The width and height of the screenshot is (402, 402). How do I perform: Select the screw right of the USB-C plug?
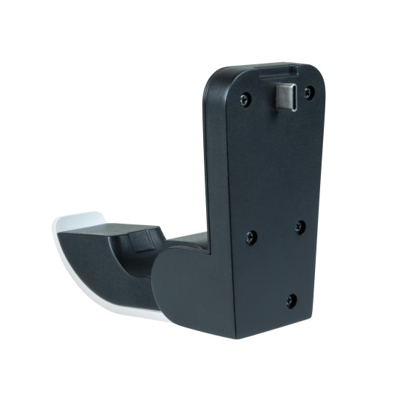coord(309,92)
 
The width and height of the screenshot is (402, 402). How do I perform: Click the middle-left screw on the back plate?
coord(251,236)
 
